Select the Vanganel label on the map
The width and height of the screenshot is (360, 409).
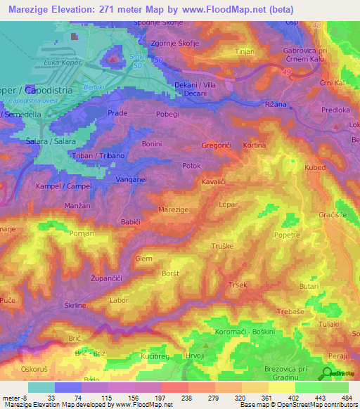tap(131, 180)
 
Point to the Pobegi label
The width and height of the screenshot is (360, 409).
tap(167, 112)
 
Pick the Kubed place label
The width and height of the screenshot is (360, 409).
tap(316, 168)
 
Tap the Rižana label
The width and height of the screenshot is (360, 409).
tap(278, 105)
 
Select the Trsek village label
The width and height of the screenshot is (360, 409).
tap(237, 285)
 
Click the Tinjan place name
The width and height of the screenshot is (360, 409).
tap(245, 51)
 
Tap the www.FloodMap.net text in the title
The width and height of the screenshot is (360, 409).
tap(226, 9)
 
